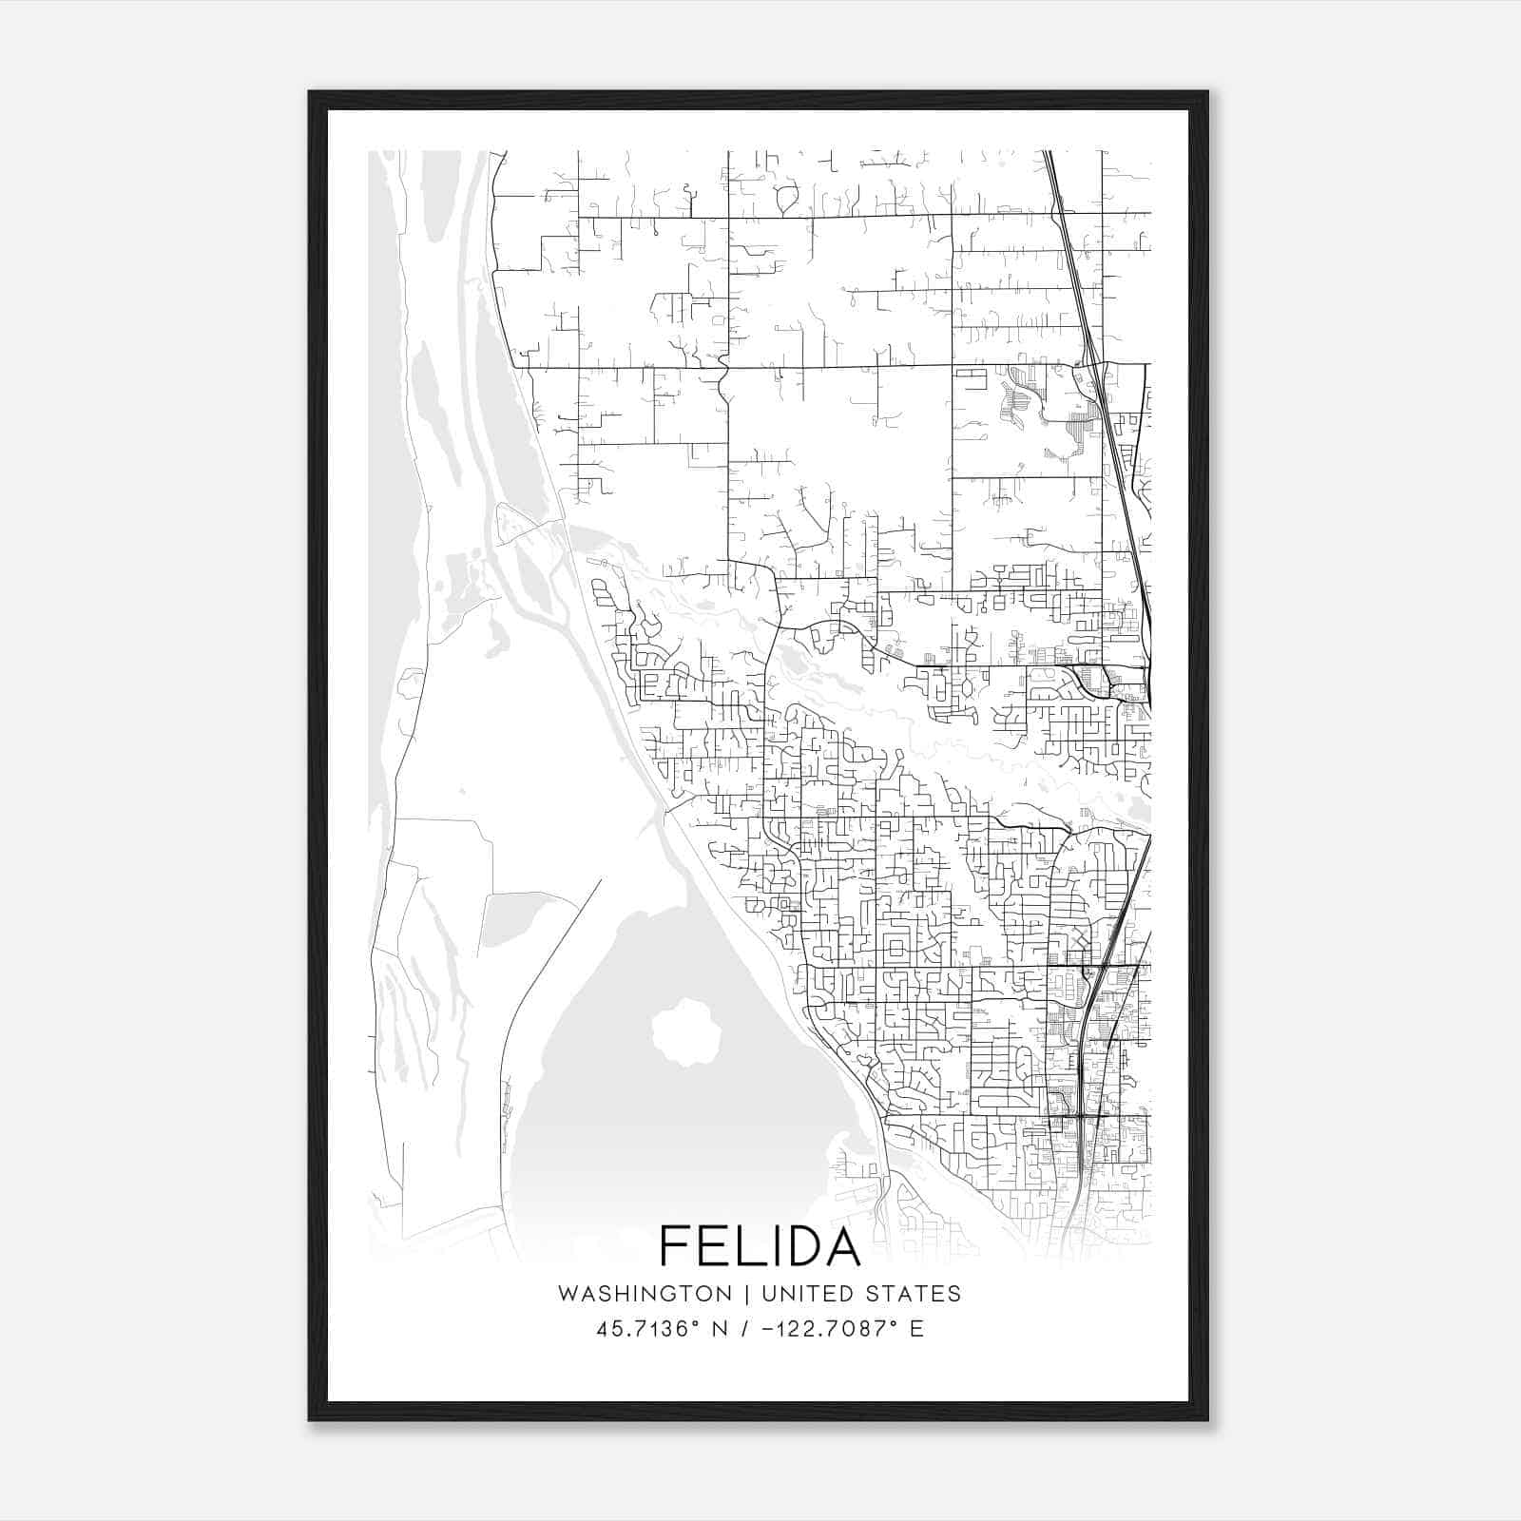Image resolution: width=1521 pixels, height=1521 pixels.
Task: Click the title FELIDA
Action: pyautogui.click(x=760, y=1245)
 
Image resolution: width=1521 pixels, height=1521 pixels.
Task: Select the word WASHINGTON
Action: pyautogui.click(x=645, y=1294)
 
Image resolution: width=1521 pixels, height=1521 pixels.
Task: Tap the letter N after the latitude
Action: pyautogui.click(x=720, y=1329)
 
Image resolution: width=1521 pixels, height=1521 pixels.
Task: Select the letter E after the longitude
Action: pyautogui.click(x=916, y=1329)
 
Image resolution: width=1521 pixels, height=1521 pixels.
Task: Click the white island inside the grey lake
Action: pyautogui.click(x=683, y=1031)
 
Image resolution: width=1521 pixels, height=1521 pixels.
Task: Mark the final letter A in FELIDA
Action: pyautogui.click(x=841, y=1245)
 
